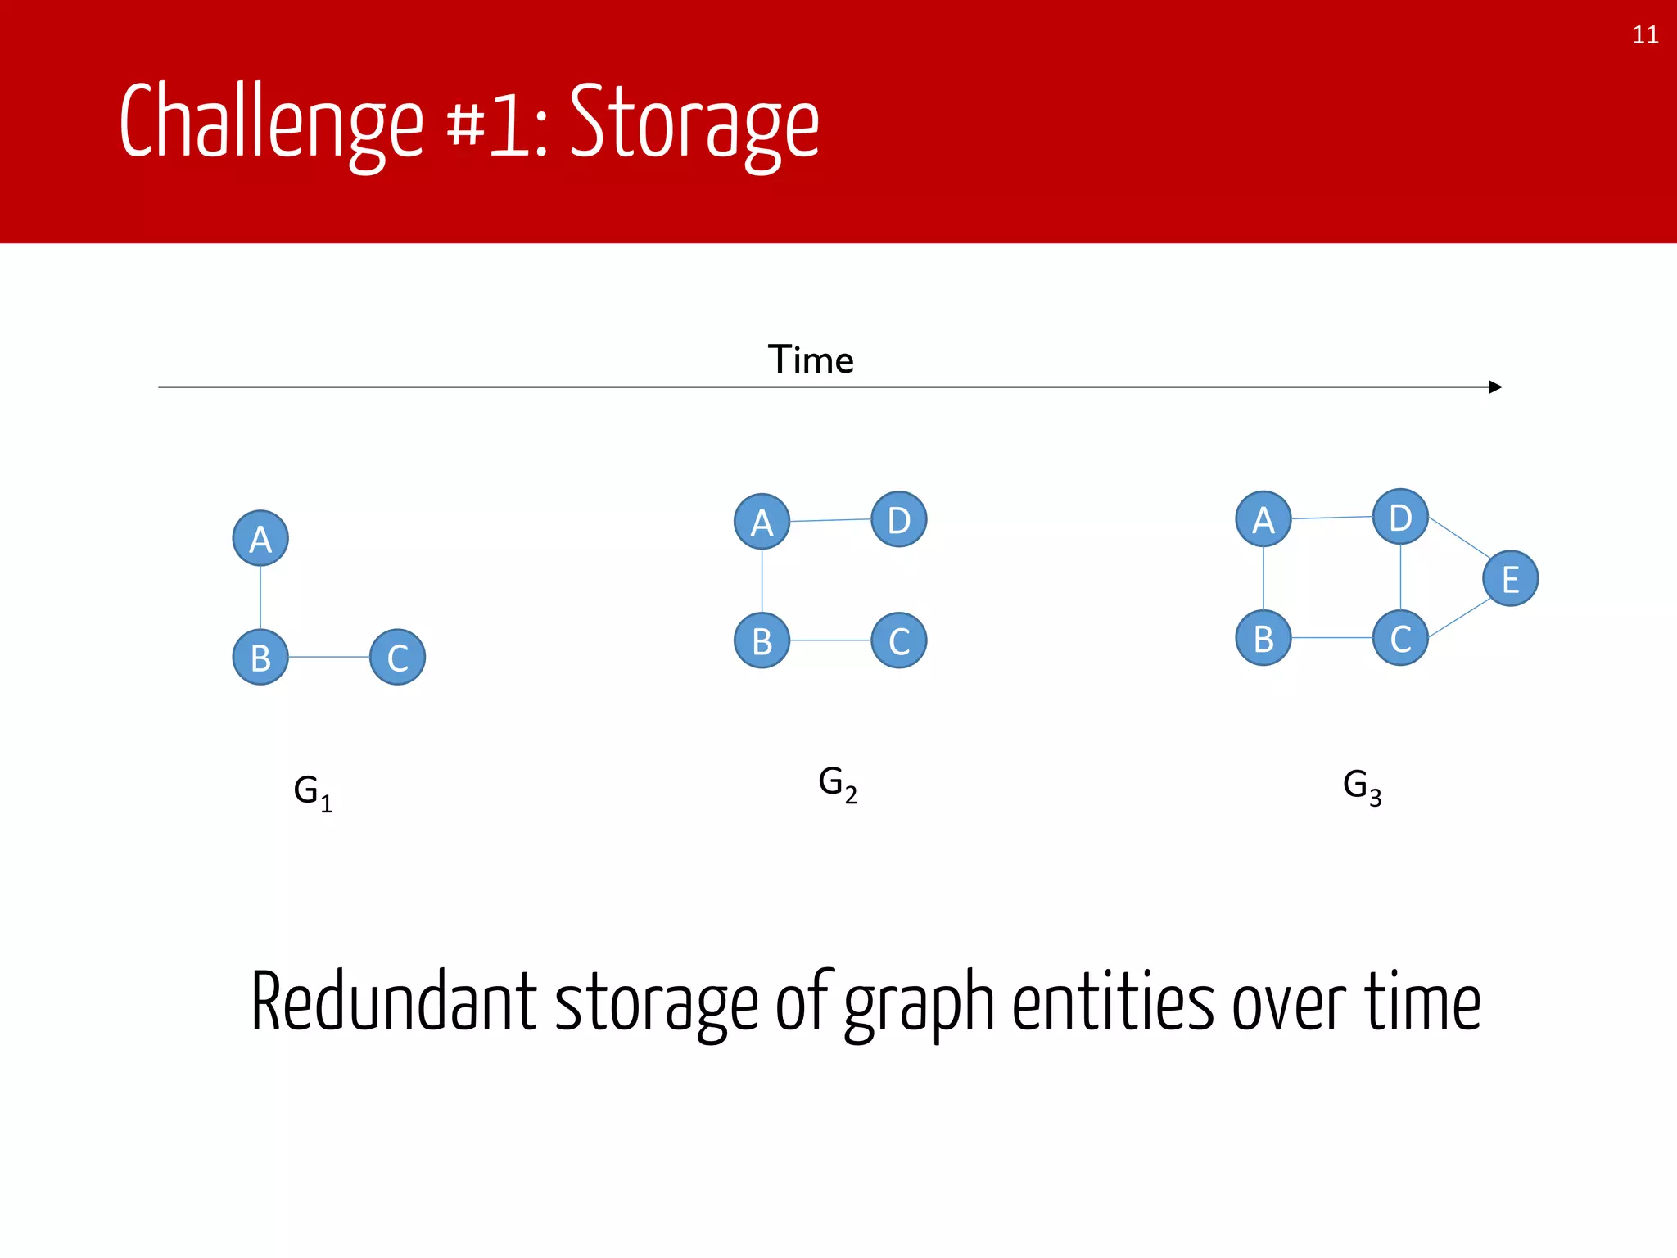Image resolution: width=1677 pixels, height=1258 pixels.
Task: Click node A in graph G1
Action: point(260,539)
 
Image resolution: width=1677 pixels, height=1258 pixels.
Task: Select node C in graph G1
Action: point(397,657)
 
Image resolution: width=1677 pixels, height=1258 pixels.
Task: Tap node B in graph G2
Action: point(762,640)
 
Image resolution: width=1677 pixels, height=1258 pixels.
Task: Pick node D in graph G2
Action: point(899,519)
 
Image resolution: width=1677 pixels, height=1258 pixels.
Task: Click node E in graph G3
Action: point(1510,578)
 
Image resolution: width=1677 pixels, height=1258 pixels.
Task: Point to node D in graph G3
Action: point(1400,517)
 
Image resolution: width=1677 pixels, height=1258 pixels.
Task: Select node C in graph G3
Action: point(1400,638)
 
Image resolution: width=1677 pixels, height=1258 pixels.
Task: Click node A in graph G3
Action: point(1263,519)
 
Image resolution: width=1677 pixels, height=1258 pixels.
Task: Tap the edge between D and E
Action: point(1458,537)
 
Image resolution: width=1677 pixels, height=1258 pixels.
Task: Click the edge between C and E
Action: point(1459,618)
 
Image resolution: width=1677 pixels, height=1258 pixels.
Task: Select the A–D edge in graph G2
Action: point(830,520)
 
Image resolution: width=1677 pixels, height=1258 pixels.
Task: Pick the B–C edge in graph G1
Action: point(328,657)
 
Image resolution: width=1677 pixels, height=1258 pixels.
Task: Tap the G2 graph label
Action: point(838,784)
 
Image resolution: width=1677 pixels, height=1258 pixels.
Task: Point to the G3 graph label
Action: point(1362,787)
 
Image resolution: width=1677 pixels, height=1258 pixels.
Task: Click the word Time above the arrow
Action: point(811,360)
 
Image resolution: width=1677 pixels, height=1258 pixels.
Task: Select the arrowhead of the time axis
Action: point(1494,387)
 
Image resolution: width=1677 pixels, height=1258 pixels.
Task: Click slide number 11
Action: point(1645,35)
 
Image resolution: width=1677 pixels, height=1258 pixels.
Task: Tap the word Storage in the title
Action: point(694,123)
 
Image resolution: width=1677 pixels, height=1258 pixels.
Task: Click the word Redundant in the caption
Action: point(394,1002)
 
